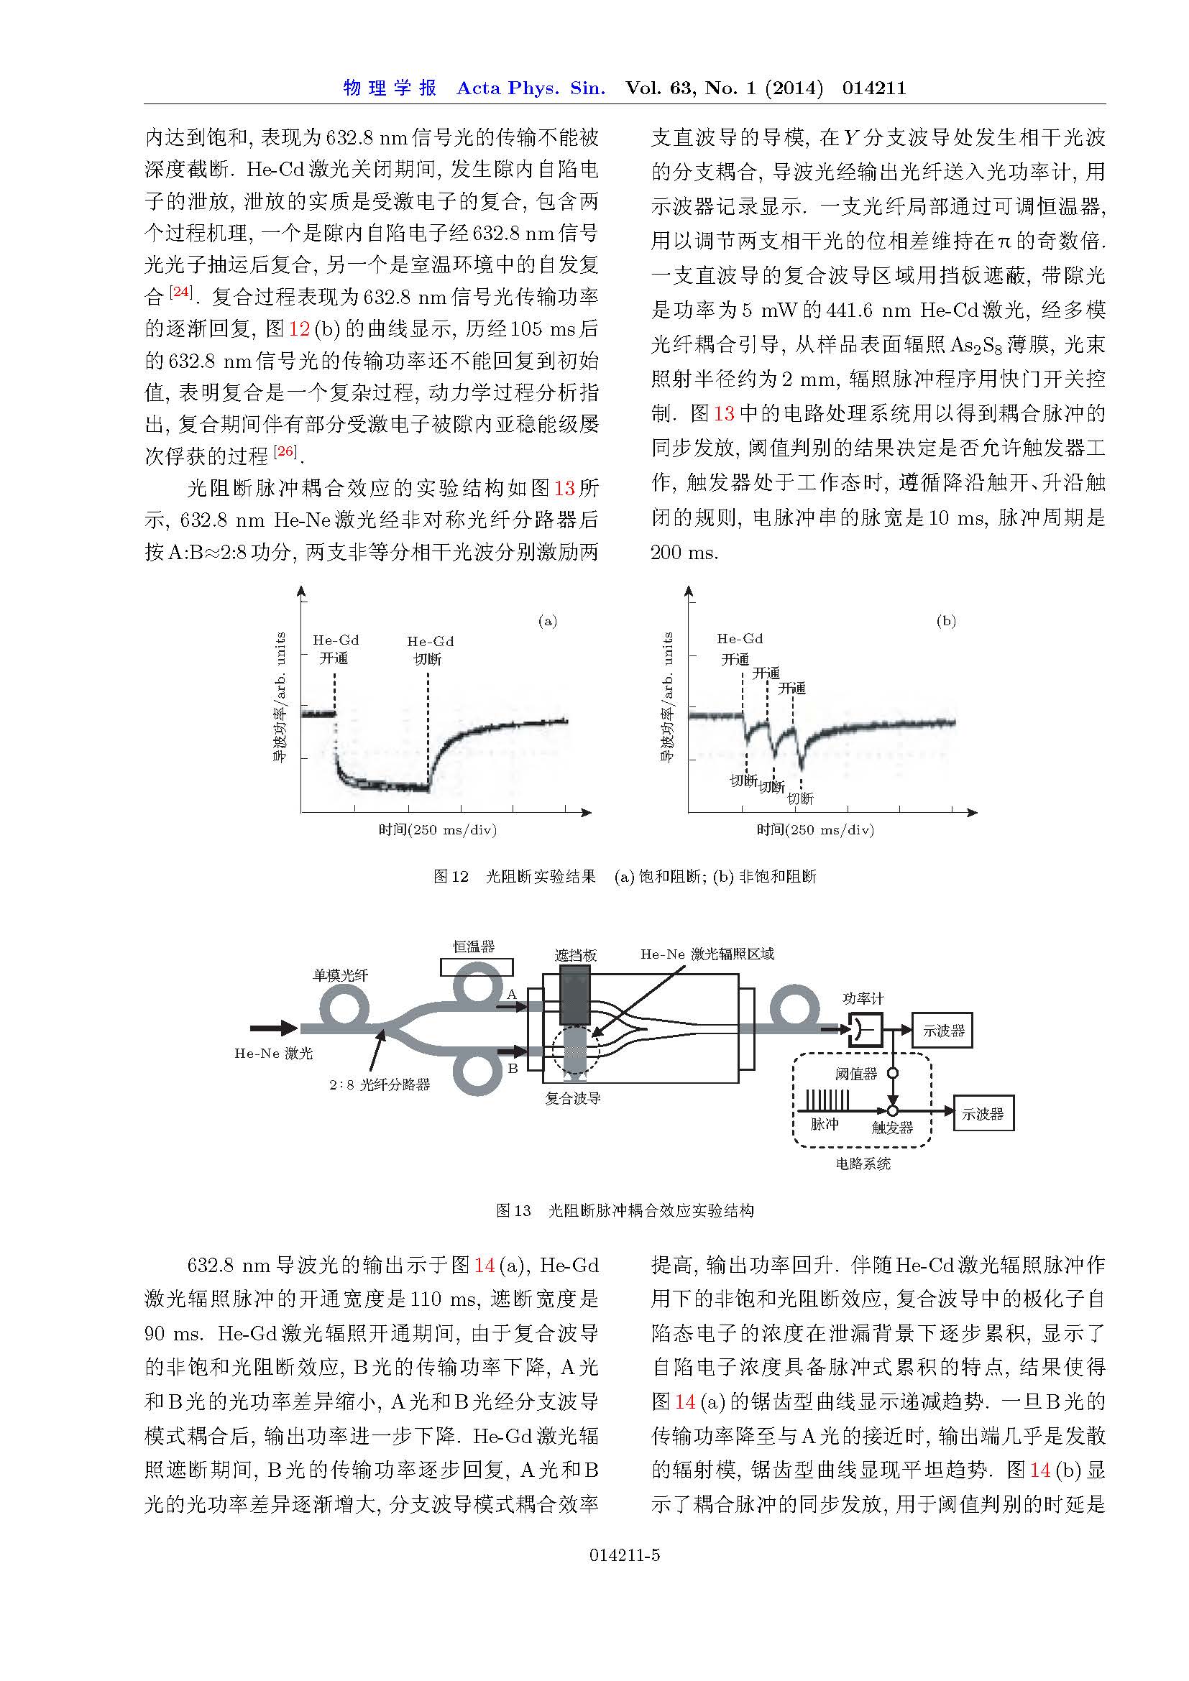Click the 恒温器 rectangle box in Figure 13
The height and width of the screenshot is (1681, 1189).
[x=476, y=967]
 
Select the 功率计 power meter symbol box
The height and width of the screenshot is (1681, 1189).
[x=866, y=1029]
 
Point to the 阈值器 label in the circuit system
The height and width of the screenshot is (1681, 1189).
[x=856, y=1074]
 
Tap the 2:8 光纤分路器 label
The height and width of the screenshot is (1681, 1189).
[x=380, y=1084]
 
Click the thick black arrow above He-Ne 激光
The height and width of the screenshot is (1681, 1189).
[x=274, y=1028]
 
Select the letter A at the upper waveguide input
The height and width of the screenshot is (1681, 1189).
[x=512, y=993]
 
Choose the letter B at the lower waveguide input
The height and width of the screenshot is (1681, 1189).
[x=513, y=1068]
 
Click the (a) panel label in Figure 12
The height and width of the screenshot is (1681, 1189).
[x=547, y=622]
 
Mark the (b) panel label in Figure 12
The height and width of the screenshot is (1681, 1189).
[x=946, y=622]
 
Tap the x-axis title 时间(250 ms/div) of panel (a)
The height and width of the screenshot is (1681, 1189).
[x=437, y=829]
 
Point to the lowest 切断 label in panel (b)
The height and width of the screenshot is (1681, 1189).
[x=800, y=798]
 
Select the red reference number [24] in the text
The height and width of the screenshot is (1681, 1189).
[x=180, y=292]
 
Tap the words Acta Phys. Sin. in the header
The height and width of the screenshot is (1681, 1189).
[x=531, y=88]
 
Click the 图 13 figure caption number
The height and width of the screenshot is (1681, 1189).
[x=513, y=1210]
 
